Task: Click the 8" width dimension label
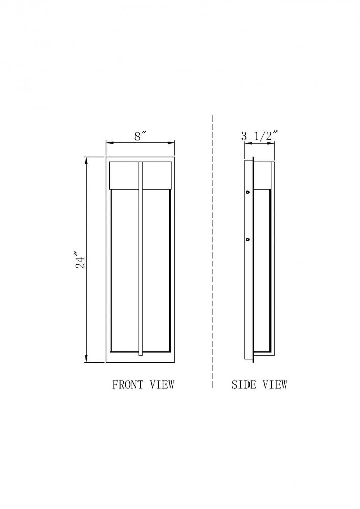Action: (140, 136)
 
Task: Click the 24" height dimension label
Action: (80, 260)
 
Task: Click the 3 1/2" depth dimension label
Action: (260, 136)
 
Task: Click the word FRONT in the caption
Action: (128, 385)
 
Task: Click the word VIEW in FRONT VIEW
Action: (162, 385)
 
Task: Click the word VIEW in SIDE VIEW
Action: (275, 385)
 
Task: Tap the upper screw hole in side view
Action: (248, 192)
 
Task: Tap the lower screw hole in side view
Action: (248, 240)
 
